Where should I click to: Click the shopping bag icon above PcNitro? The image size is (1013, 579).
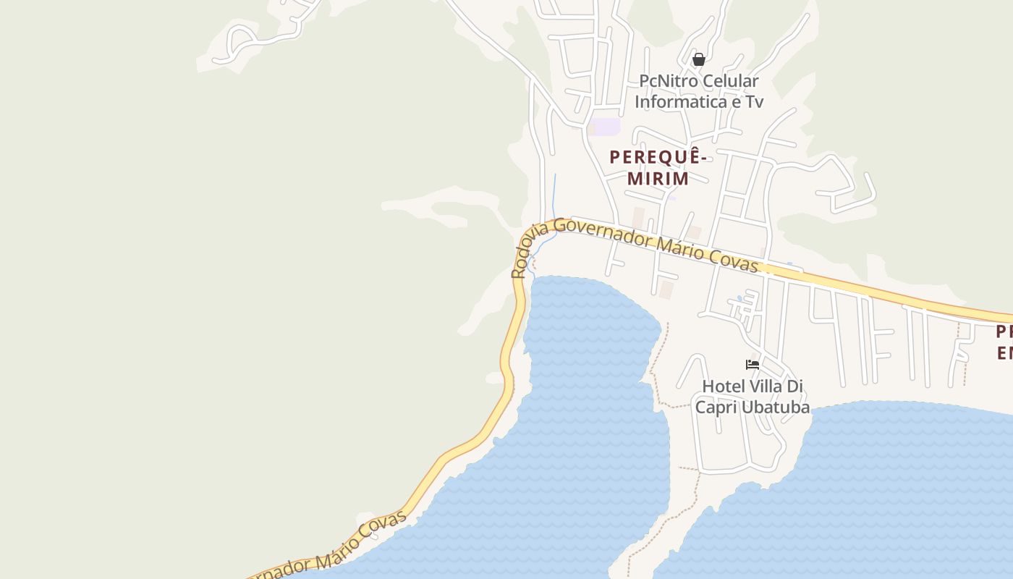(x=698, y=59)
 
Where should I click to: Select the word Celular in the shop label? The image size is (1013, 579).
(x=732, y=81)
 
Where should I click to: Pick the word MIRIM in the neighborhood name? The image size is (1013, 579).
(x=658, y=178)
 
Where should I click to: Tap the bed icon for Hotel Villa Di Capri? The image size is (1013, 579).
(x=753, y=364)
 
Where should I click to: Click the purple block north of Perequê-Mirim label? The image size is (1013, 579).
(x=606, y=127)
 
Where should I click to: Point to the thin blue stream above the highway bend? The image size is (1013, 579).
(x=555, y=195)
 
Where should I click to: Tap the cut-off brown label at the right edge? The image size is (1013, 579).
(x=1004, y=342)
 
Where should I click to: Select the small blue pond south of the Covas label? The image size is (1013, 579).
(x=739, y=298)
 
